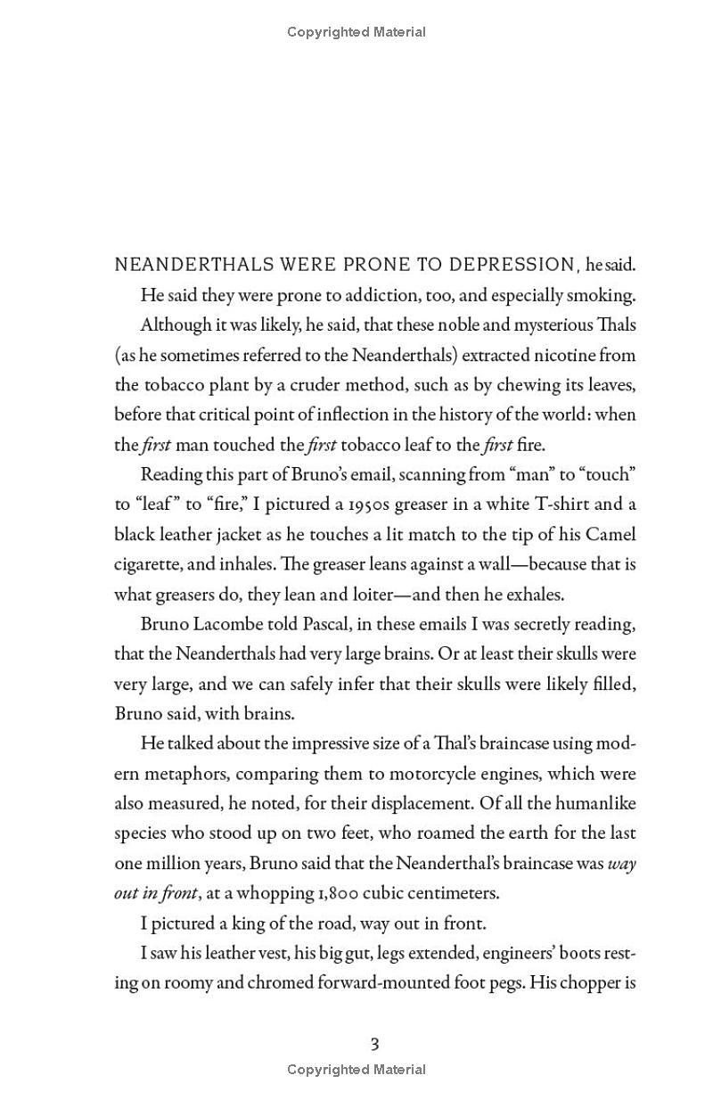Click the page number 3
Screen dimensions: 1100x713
tap(374, 1044)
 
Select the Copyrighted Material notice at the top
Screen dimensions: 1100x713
tap(356, 32)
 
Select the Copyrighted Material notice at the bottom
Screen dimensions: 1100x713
tap(356, 1069)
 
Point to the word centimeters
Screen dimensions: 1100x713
tap(451, 893)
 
